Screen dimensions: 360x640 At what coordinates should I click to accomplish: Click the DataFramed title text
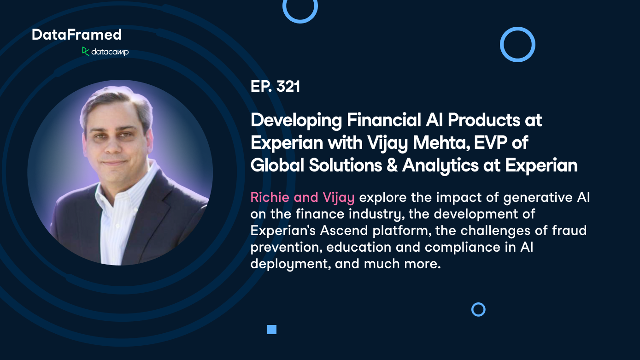click(76, 35)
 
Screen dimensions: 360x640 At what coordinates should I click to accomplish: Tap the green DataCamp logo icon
click(86, 51)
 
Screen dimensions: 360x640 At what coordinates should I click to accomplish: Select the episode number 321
click(288, 87)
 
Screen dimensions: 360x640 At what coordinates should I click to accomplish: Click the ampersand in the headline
click(390, 165)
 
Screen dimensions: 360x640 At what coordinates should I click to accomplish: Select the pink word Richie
click(270, 198)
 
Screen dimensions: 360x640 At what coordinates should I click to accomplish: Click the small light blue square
click(272, 330)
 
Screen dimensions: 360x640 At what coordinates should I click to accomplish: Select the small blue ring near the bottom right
click(478, 309)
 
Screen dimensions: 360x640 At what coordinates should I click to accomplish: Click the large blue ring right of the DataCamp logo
click(517, 44)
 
